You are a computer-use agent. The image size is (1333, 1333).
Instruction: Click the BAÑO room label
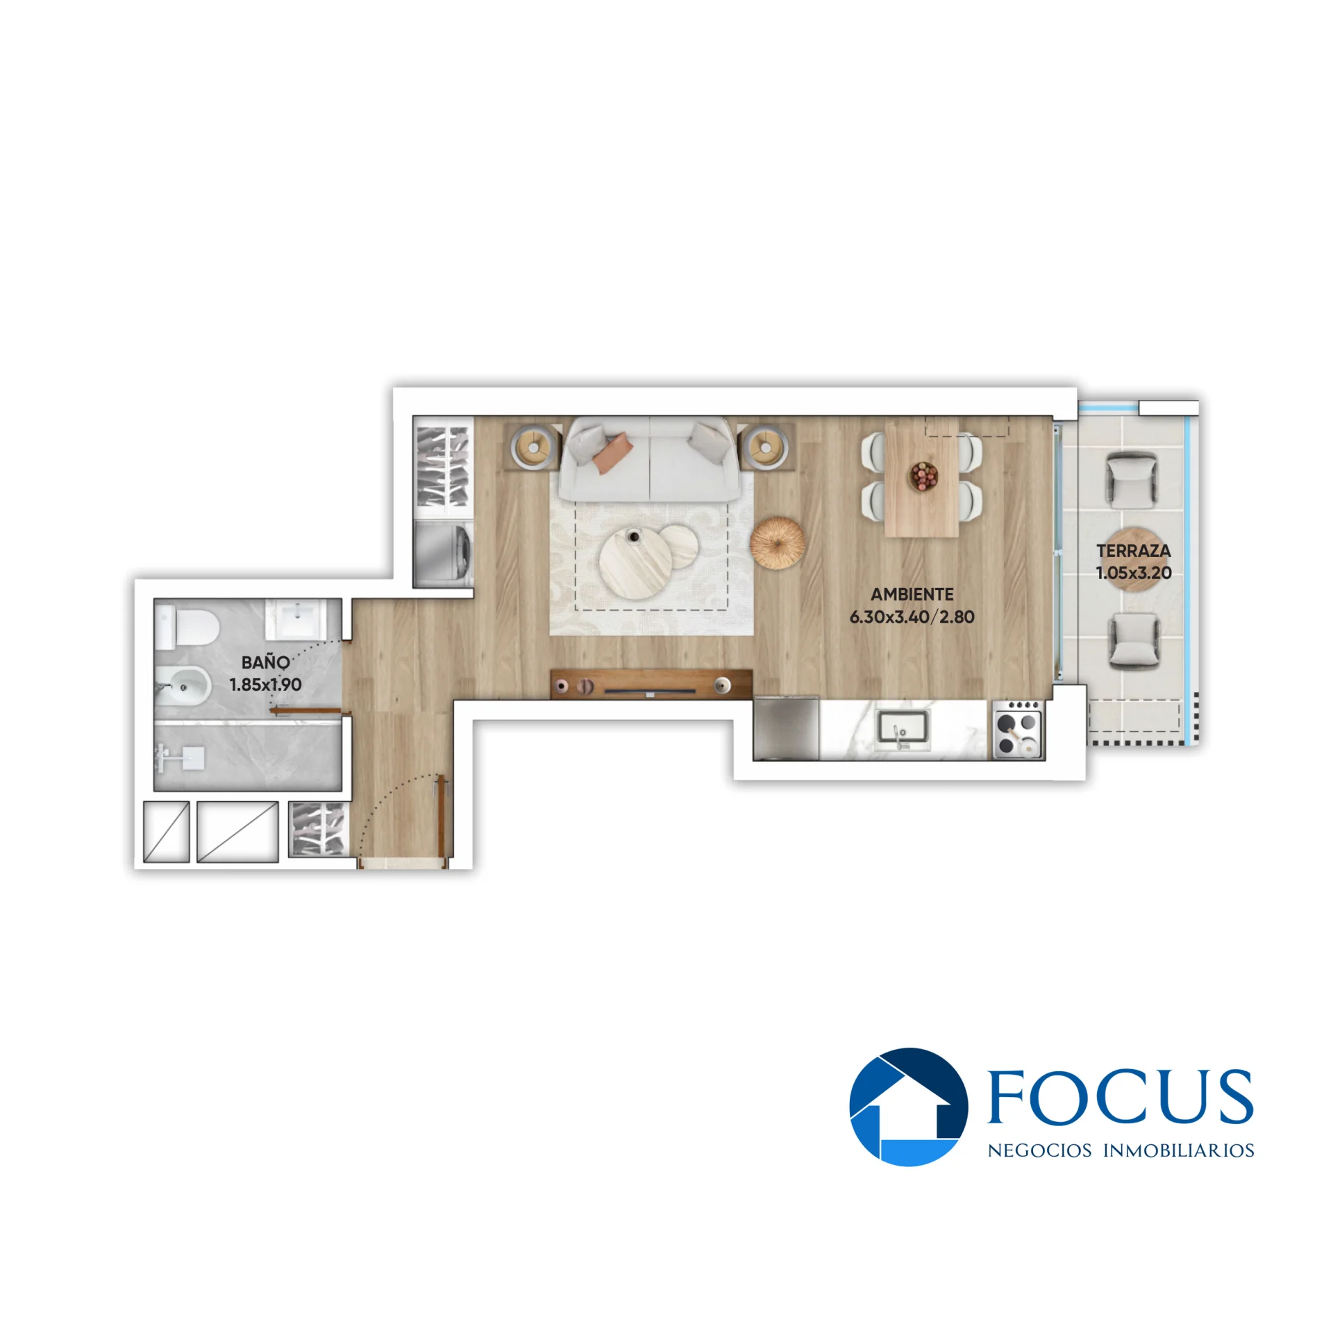265,662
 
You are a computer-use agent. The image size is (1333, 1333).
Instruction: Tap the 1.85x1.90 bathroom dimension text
265,685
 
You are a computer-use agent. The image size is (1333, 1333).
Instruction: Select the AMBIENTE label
912,594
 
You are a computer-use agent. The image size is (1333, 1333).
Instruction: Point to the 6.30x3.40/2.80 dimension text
912,617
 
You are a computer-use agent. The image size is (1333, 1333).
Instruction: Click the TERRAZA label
1134,551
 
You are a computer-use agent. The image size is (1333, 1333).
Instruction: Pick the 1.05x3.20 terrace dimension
1134,573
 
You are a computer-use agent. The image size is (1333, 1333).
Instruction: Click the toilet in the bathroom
187,626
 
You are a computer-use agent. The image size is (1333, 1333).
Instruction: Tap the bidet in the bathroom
182,687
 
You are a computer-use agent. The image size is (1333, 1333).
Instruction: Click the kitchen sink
903,730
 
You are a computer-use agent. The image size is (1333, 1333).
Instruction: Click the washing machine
443,553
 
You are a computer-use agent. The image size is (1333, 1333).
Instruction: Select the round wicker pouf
778,543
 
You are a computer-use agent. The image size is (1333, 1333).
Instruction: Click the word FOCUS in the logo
1120,1096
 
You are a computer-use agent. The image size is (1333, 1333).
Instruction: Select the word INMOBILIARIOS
1179,1150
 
